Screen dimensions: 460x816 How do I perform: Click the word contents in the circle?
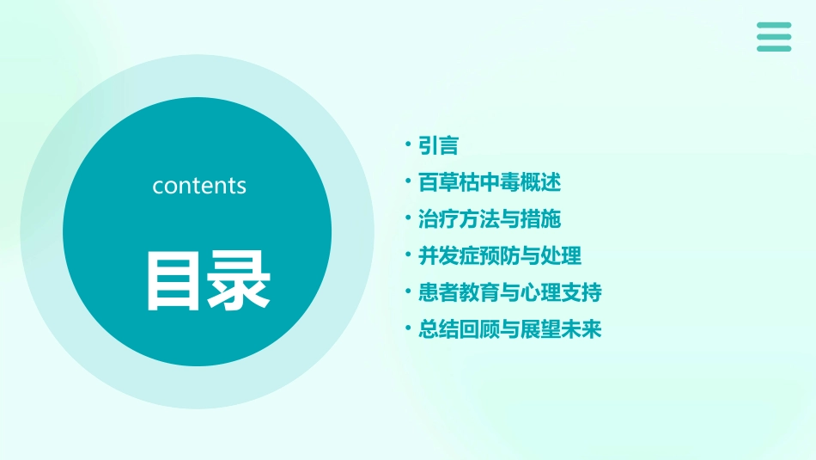[x=199, y=186]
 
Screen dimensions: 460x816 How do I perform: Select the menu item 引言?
[x=438, y=145]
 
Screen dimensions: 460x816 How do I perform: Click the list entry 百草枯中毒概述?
[x=489, y=182]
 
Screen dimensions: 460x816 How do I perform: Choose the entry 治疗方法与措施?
[x=489, y=219]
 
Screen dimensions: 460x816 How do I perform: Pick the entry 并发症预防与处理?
[x=499, y=255]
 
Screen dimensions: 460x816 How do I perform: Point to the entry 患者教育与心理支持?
[x=509, y=292]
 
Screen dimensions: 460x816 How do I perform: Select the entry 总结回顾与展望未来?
[x=509, y=329]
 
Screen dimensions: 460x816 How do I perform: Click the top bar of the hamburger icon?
[x=774, y=26]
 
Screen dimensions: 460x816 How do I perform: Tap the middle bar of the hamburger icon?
[x=774, y=37]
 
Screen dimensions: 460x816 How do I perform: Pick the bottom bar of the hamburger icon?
[x=774, y=48]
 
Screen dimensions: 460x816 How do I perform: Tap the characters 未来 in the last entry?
[x=581, y=329]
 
